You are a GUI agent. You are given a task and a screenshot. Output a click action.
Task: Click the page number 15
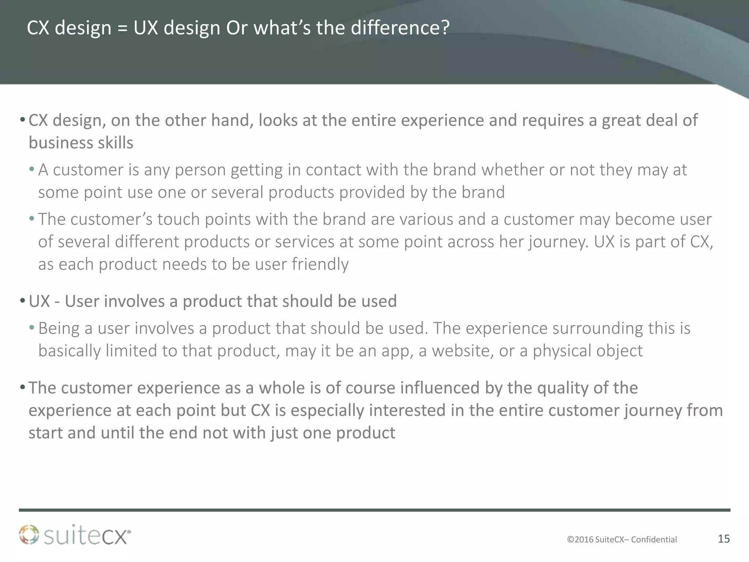(724, 539)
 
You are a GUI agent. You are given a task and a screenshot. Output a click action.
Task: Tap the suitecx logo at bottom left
(75, 535)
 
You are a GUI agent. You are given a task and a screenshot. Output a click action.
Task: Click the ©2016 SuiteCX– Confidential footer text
(622, 539)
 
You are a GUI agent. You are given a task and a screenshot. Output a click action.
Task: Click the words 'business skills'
(81, 143)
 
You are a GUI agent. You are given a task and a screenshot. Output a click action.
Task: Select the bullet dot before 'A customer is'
(32, 170)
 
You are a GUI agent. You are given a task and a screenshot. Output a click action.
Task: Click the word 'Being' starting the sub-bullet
(59, 329)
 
